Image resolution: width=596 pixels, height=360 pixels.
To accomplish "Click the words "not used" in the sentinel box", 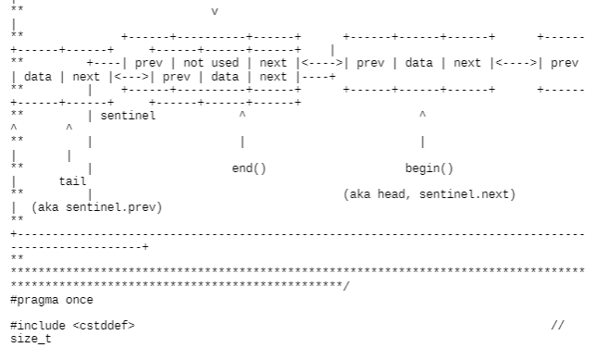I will point(211,64).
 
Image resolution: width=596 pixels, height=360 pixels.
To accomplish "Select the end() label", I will point(248,168).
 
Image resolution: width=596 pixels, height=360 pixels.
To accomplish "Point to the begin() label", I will point(429,168).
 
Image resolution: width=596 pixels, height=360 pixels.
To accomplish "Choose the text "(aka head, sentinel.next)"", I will point(428,194).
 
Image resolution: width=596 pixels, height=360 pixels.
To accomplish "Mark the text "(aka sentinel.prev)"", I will point(96,207).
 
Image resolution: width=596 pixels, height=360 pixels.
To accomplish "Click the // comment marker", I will point(556,326).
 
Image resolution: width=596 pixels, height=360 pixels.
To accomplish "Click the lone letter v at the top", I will point(215,12).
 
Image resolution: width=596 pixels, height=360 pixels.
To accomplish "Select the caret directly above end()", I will point(242,117).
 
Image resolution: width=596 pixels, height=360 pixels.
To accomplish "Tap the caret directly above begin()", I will point(423,117).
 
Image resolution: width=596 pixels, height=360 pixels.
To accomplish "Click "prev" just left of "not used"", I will point(148,64).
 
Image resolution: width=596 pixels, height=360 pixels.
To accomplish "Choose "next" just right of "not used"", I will point(273,64).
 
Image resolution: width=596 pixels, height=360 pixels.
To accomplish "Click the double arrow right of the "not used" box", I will point(320,64).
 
